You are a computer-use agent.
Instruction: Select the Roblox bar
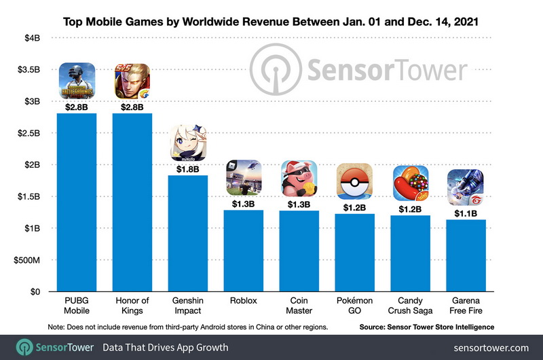(244, 251)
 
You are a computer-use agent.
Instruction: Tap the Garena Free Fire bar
(466, 258)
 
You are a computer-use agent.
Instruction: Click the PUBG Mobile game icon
(76, 81)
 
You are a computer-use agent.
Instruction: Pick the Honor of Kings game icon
(132, 81)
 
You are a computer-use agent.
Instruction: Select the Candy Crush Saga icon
(411, 183)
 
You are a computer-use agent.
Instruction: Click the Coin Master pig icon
(299, 179)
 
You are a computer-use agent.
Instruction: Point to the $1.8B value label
(188, 168)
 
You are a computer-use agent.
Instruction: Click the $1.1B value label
(466, 213)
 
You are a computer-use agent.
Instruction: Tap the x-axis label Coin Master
(299, 306)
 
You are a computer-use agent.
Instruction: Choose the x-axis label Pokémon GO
(355, 306)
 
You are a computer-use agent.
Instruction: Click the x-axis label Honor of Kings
(132, 306)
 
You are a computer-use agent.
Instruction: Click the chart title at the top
(271, 21)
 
